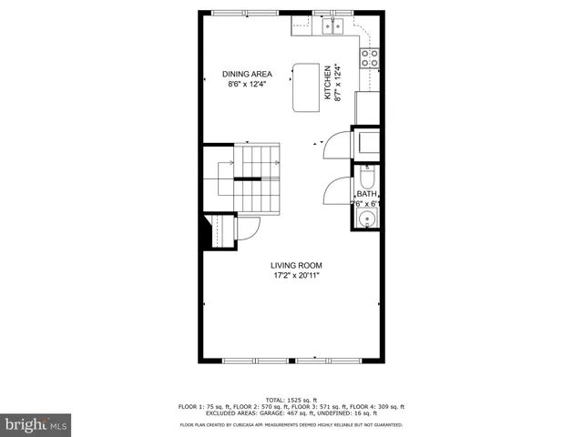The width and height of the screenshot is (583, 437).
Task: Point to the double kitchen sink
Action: [x=329, y=27]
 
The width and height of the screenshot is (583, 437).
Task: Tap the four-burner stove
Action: [x=370, y=58]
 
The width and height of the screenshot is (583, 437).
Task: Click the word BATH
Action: [x=366, y=194]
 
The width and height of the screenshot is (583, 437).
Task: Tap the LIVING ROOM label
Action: [x=296, y=266]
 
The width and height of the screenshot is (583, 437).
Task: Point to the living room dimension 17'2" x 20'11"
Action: [x=296, y=276]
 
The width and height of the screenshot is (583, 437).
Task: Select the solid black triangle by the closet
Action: [x=208, y=231]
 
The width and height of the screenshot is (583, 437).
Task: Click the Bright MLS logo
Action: [x=36, y=423]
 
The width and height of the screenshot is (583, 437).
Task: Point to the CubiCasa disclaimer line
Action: [x=291, y=424]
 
